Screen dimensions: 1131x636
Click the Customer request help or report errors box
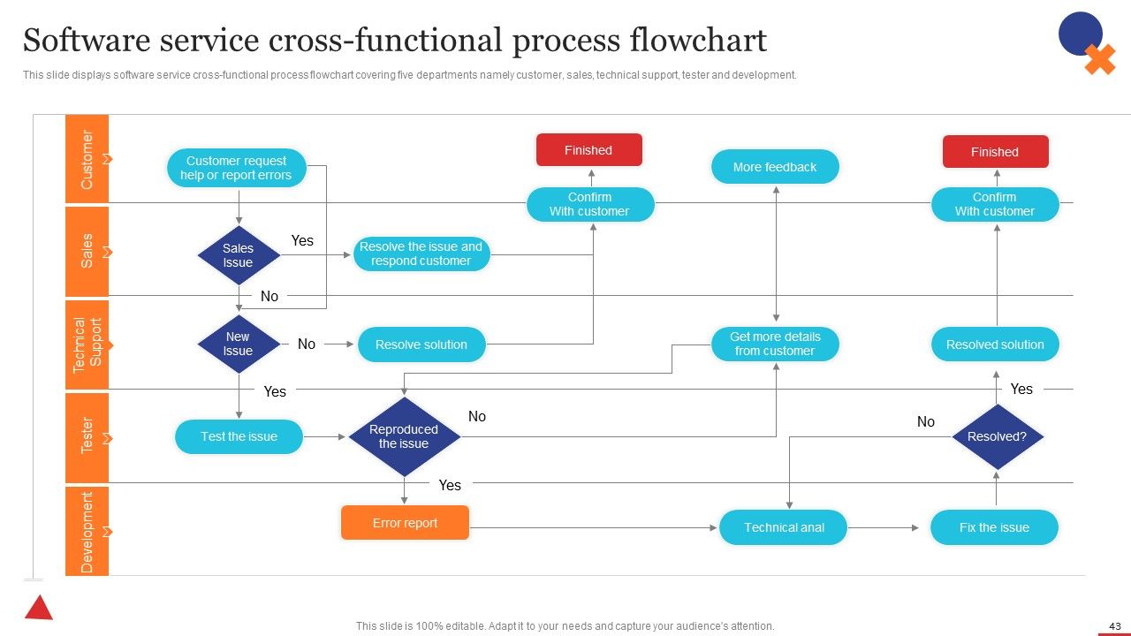[x=236, y=168]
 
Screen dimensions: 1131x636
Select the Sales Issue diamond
[x=239, y=255]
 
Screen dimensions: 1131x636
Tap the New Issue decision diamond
[x=239, y=344]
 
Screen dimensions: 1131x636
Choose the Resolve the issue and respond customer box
[x=421, y=254]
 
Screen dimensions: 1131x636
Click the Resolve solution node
[x=421, y=344]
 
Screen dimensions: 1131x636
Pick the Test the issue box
[x=239, y=436]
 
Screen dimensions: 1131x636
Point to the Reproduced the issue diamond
[x=404, y=436]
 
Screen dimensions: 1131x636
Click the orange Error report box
[x=405, y=523]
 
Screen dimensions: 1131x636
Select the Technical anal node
[x=783, y=527]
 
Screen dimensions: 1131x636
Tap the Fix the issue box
[x=994, y=527]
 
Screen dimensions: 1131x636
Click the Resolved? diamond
[x=998, y=436]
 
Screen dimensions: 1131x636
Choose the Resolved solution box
[x=995, y=344]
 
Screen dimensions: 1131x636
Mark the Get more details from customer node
[x=775, y=344]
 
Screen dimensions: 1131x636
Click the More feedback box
[x=775, y=167]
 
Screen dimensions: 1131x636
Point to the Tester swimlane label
[x=87, y=435]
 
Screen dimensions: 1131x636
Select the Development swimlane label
[x=87, y=532]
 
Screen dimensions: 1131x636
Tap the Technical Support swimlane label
[x=87, y=345]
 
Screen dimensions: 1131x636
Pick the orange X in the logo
[x=1100, y=59]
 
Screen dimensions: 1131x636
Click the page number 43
[x=1115, y=626]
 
